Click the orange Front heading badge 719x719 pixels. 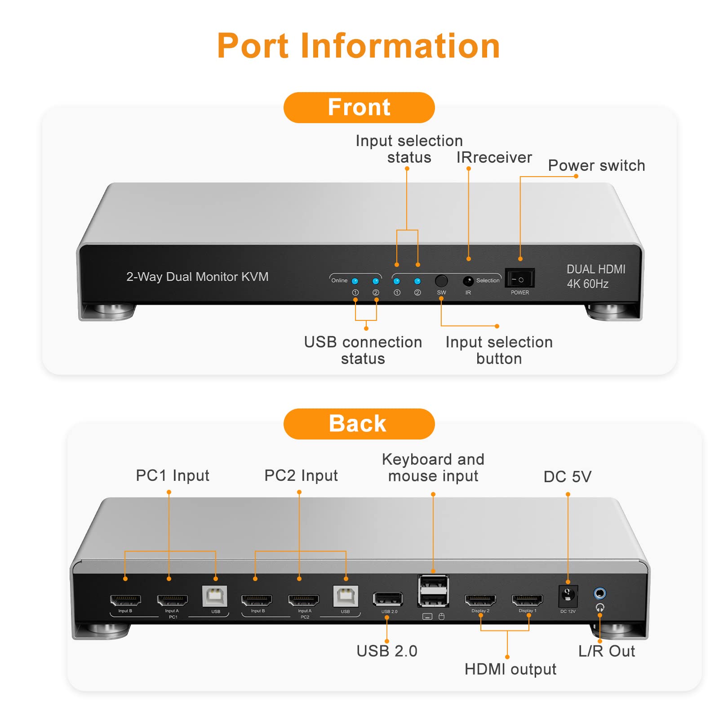pos(359,108)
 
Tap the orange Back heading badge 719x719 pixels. pos(359,424)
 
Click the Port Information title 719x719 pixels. pos(359,46)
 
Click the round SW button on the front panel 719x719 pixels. pos(441,281)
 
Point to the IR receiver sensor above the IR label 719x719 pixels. pos(468,281)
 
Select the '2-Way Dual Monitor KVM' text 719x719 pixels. pos(197,277)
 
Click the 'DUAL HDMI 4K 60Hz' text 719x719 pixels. pos(595,276)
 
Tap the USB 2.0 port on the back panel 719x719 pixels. pos(388,599)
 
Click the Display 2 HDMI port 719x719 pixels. pos(480,599)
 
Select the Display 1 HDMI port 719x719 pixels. pos(527,599)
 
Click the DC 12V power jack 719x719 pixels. pos(568,596)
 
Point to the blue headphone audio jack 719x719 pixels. pos(599,593)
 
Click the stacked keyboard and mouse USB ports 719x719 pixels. pos(433,591)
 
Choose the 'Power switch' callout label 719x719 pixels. pos(596,166)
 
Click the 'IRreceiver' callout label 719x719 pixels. pos(494,158)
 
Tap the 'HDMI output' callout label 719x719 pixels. pos(510,669)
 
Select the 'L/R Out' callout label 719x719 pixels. pos(606,651)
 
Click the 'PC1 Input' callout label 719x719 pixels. pos(173,475)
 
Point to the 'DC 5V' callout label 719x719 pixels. pos(567,477)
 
